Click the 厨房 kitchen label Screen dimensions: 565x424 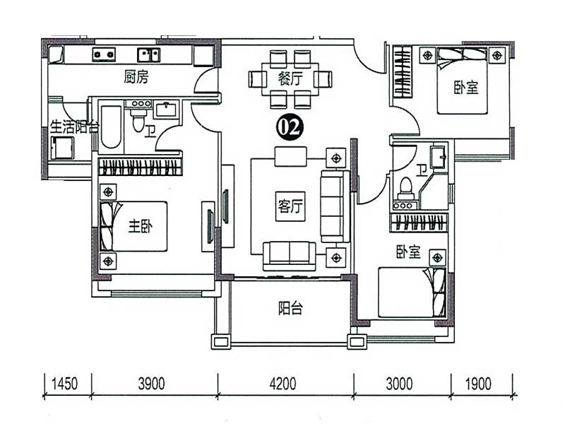(136, 77)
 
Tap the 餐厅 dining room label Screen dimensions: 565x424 (290, 78)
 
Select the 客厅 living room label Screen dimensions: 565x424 (290, 206)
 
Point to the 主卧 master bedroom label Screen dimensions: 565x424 (141, 226)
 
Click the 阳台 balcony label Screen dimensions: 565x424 (290, 308)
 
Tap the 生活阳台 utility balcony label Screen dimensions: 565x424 (75, 127)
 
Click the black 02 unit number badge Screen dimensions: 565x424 (290, 127)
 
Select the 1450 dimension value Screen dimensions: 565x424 (64, 384)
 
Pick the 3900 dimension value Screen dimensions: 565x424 (152, 384)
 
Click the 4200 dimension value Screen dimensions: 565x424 (283, 384)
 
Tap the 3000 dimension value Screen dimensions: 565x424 (399, 384)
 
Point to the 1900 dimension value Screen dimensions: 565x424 (478, 384)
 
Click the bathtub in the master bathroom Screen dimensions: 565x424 (111, 127)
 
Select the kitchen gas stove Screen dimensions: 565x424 (104, 54)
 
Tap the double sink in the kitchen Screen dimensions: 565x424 (148, 55)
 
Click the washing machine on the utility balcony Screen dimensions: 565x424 (62, 148)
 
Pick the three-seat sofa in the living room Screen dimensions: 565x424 (335, 206)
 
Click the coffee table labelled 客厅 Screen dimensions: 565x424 (290, 206)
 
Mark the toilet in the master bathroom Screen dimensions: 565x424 (138, 119)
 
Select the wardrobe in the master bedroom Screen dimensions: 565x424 (140, 167)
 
